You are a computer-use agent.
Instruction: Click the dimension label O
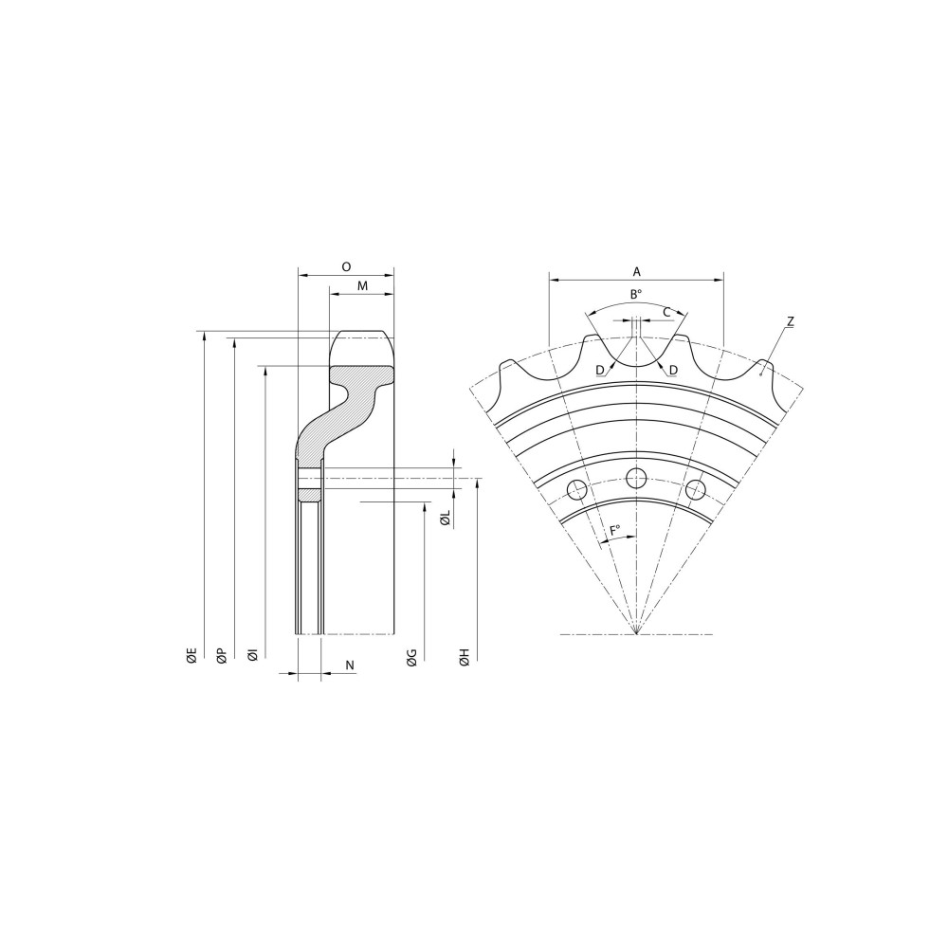point(346,266)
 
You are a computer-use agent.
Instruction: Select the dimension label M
point(362,286)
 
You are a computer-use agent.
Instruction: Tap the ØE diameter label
point(191,656)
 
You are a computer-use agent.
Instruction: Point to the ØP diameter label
point(222,656)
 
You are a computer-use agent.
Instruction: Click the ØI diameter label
point(253,655)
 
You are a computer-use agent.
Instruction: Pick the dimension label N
point(350,665)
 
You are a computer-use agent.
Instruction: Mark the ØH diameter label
point(465,658)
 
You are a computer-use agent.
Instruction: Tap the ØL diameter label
point(445,519)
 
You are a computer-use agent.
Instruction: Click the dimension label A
point(637,272)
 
